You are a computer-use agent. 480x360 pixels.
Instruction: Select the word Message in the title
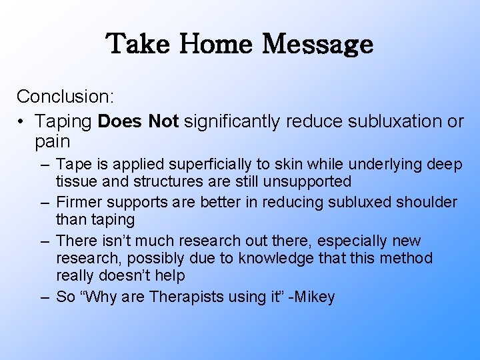tap(317, 44)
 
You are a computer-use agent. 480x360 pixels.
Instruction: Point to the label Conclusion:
tap(66, 97)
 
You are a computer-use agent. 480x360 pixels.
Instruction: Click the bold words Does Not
tap(139, 121)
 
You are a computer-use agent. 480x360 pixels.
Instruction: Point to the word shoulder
tap(429, 202)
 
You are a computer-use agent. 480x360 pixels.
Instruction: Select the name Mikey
tap(313, 297)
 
